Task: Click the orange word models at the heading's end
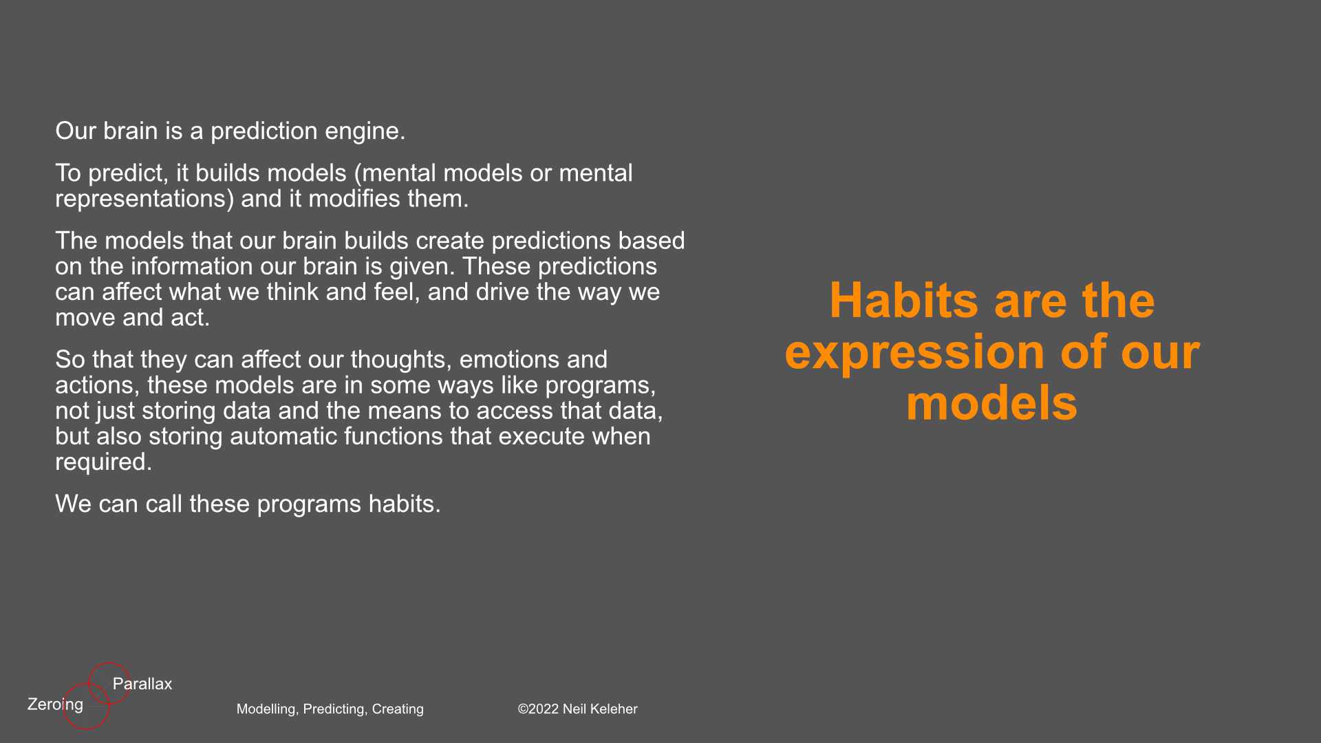coord(991,404)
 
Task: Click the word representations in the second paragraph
coord(140,199)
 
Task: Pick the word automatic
coord(283,436)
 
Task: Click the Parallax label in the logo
coord(142,684)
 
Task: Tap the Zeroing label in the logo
coord(55,704)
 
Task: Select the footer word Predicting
coord(334,709)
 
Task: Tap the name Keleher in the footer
coord(612,709)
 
